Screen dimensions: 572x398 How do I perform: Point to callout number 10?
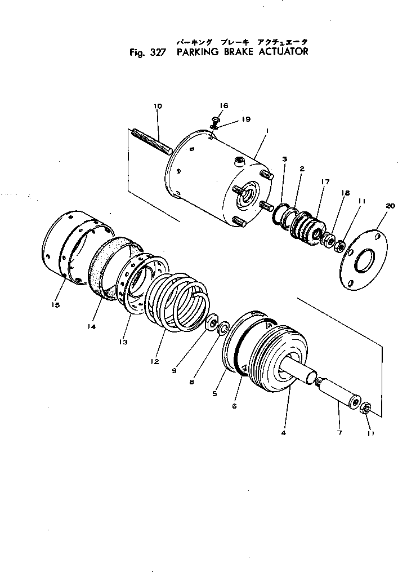(x=157, y=106)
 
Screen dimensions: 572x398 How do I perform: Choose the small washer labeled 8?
(x=222, y=328)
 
